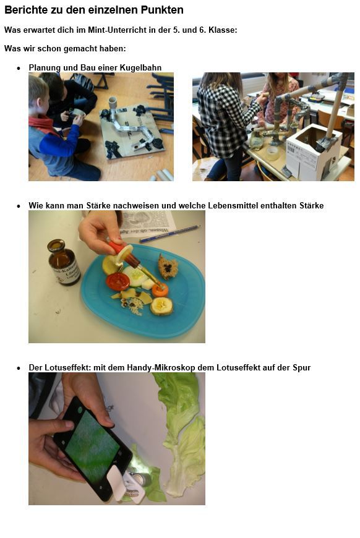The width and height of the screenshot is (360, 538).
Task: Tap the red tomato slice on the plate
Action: click(x=118, y=281)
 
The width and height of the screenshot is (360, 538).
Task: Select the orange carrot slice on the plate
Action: click(x=160, y=290)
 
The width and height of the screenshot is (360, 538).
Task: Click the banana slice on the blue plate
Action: click(x=161, y=305)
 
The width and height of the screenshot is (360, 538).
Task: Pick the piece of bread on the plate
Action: click(x=168, y=267)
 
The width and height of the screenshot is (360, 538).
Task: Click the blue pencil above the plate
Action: click(x=170, y=233)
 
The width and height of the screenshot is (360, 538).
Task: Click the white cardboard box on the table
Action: click(x=313, y=152)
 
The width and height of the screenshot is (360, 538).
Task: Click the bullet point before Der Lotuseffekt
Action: click(x=19, y=368)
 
